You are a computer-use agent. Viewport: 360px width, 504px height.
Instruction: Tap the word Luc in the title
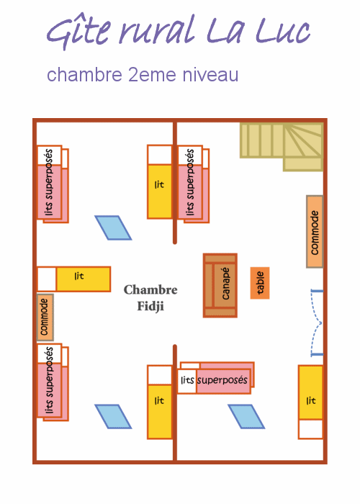point(283,30)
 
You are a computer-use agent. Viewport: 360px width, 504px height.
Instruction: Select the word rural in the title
point(157,30)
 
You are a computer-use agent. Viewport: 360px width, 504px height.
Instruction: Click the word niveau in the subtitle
point(210,75)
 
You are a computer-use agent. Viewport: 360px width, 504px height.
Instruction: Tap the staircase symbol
point(282,147)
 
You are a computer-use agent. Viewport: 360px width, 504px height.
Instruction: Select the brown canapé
point(220,285)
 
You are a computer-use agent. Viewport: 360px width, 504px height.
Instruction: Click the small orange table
point(260,283)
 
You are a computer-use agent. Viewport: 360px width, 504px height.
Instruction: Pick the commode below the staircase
point(315,231)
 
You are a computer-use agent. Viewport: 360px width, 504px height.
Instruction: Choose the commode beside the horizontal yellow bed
point(45,318)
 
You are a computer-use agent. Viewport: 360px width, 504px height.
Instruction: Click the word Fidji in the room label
point(150,306)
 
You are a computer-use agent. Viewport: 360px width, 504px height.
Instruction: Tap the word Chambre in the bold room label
point(150,289)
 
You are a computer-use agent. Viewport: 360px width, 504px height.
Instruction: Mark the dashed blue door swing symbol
point(316,323)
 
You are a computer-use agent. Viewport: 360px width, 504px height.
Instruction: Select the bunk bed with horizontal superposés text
point(216,378)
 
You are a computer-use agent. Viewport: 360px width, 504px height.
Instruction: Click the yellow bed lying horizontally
point(74,279)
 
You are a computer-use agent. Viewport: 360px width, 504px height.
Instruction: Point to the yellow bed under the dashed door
point(310,402)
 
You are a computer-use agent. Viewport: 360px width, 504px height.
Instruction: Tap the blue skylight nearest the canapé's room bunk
point(246,417)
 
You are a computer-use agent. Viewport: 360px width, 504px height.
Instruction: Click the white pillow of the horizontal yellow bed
point(47,279)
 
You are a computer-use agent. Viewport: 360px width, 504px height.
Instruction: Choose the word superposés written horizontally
point(222,380)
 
